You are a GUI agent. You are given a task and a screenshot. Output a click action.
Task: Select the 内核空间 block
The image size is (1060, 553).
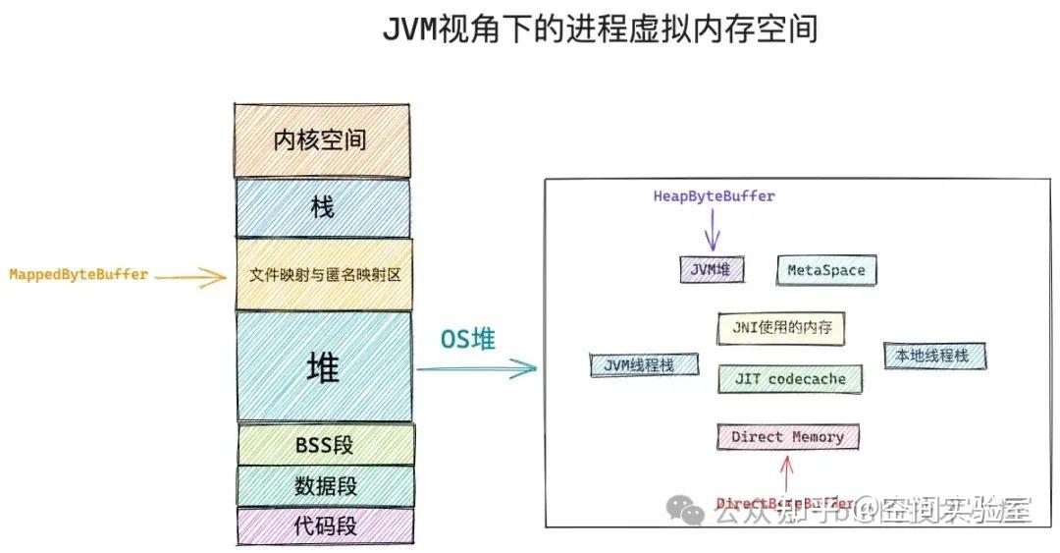(321, 139)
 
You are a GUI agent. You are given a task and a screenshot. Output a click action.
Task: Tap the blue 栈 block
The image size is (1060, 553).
(322, 207)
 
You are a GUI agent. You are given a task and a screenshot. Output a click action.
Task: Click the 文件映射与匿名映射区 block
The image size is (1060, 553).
(323, 274)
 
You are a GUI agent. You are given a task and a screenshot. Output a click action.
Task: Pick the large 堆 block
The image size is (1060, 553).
(323, 367)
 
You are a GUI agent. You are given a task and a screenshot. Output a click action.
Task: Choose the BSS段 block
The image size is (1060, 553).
(325, 444)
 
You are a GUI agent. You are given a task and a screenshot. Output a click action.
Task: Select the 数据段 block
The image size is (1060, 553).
(325, 485)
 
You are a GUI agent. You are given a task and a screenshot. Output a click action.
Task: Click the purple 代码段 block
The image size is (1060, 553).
(325, 525)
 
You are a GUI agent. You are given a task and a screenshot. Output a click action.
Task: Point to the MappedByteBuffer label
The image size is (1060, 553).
(79, 274)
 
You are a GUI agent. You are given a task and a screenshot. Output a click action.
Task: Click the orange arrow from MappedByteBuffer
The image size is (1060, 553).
(190, 279)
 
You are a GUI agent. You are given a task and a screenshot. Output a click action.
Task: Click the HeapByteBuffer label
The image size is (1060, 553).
(714, 195)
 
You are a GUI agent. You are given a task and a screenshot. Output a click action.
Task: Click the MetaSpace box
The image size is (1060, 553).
(826, 270)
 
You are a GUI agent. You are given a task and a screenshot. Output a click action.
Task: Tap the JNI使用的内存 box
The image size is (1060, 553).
(782, 326)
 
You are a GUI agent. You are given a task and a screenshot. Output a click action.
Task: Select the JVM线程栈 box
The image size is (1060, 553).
(645, 364)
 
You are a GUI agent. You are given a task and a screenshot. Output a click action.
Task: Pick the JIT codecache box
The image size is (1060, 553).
(789, 378)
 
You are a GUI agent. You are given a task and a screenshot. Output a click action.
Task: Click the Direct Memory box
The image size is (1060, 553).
(787, 437)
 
